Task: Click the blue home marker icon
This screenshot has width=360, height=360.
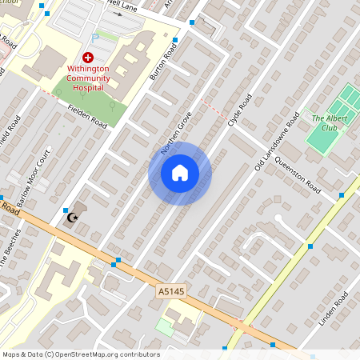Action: point(180,173)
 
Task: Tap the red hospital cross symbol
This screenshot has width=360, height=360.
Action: point(88,58)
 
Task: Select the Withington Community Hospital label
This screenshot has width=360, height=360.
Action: point(88,78)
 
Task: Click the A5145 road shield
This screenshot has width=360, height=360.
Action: point(170,294)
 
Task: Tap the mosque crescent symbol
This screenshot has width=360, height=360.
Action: point(71,217)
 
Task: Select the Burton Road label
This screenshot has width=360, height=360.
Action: point(162,61)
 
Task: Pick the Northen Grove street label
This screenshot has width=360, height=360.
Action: point(176,131)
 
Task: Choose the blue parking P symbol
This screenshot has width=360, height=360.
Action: point(96,37)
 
